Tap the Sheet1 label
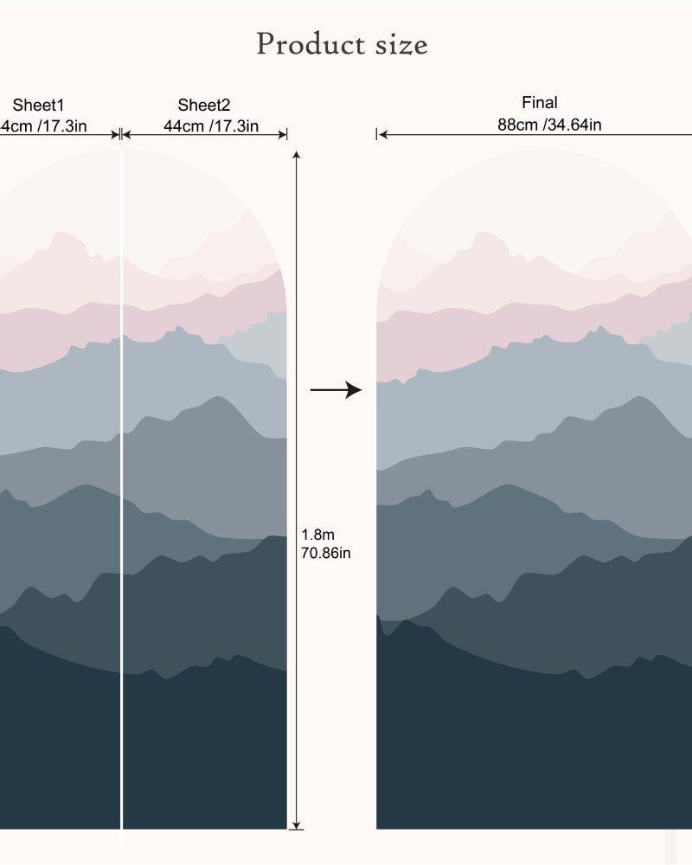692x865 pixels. [38, 106]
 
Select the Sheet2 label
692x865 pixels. [204, 106]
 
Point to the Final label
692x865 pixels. [540, 103]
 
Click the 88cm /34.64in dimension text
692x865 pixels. [549, 125]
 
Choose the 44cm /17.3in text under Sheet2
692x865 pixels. [211, 126]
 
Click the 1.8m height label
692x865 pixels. [317, 535]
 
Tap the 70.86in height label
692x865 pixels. [325, 553]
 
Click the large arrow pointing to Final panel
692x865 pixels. [336, 390]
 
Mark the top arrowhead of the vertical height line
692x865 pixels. [297, 155]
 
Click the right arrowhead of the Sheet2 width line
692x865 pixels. [282, 134]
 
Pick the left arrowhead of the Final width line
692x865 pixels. [381, 134]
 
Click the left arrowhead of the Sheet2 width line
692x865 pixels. [125, 134]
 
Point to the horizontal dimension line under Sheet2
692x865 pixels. [204, 134]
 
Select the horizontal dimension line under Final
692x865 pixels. [536, 134]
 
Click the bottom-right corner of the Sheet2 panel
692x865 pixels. [285, 828]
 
